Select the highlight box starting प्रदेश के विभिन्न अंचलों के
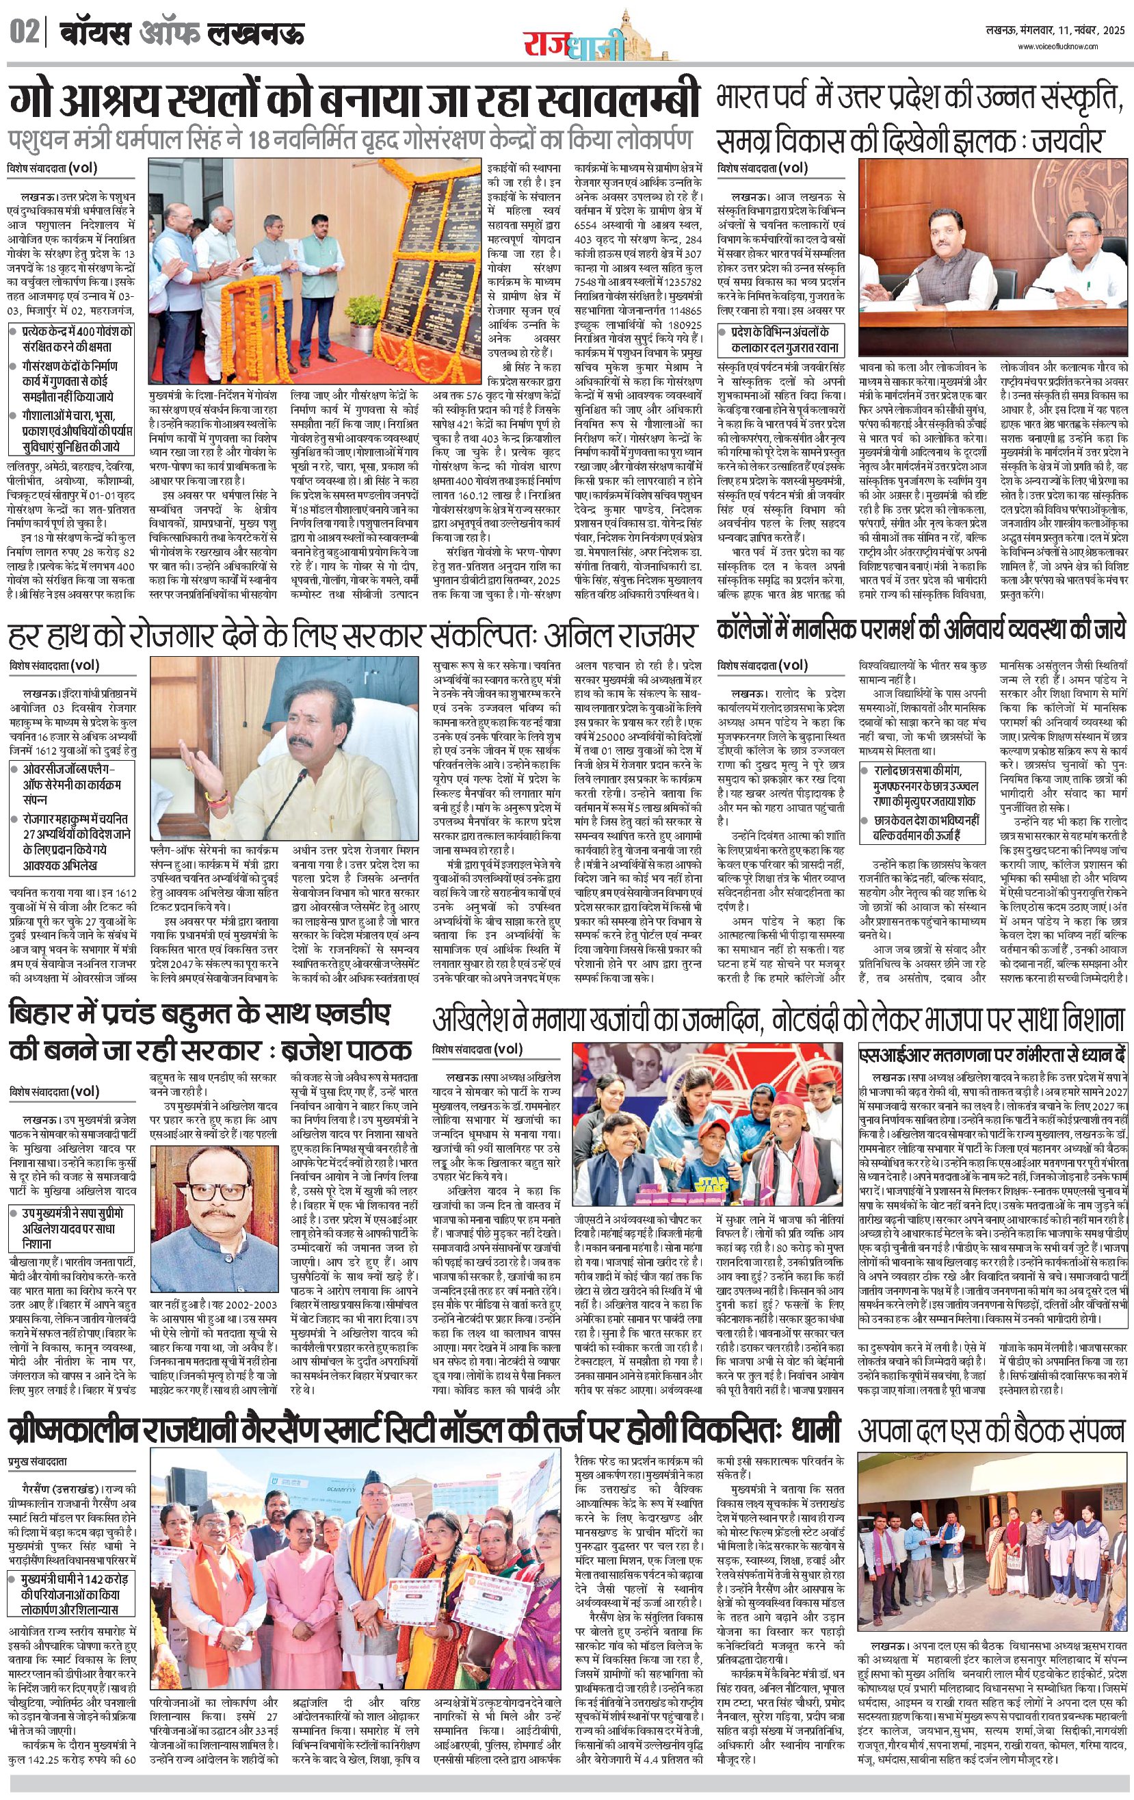pyautogui.click(x=781, y=339)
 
